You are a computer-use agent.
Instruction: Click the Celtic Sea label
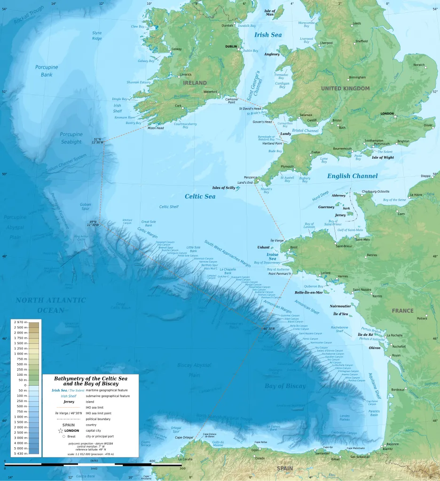click(x=200, y=196)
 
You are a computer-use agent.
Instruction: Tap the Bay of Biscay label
click(x=285, y=386)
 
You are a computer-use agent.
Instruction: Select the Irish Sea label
click(x=268, y=35)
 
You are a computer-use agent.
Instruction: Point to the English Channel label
click(x=352, y=176)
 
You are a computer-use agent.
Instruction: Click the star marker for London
click(x=395, y=117)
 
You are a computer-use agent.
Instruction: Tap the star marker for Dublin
click(x=239, y=49)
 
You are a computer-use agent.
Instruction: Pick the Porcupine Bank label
click(x=47, y=70)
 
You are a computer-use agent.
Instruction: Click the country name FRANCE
click(x=403, y=310)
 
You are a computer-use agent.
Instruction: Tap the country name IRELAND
click(x=195, y=83)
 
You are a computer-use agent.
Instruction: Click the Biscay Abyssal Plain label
click(x=194, y=370)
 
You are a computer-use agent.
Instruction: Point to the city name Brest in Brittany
click(x=294, y=247)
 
